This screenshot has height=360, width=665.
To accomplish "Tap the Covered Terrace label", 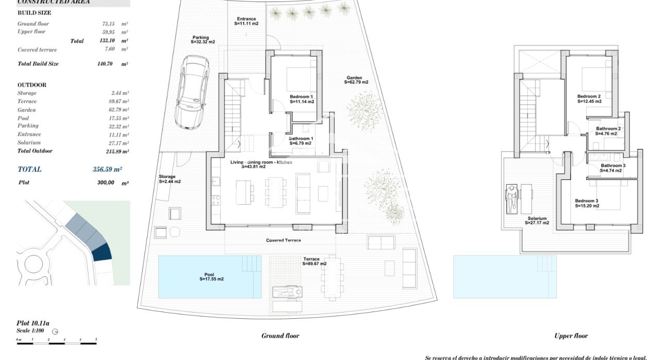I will tap(283, 240).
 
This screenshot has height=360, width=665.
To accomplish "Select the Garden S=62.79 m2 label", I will tap(357, 80).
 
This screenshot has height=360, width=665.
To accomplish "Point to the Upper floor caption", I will tap(571, 336).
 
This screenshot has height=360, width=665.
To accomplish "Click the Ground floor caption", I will tap(280, 336).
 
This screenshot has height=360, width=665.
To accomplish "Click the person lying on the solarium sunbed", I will tap(511, 199).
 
